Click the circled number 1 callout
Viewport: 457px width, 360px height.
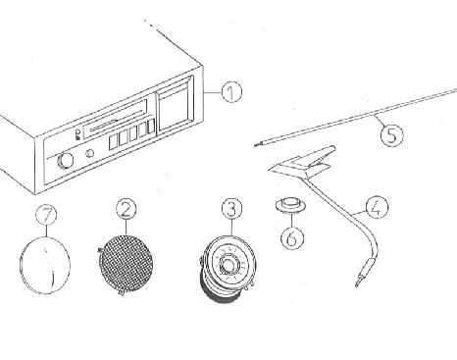tap(231, 92)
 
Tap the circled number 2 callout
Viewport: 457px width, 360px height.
tap(127, 209)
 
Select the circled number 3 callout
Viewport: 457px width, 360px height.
tap(231, 209)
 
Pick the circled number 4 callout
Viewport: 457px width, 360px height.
tap(377, 207)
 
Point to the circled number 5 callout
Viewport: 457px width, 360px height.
tap(391, 135)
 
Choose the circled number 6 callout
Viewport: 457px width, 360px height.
tap(292, 237)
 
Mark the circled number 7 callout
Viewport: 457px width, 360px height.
tap(46, 215)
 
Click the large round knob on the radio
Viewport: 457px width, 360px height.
tap(65, 161)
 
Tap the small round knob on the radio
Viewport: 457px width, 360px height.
tap(90, 153)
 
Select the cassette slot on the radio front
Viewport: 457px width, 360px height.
tap(115, 119)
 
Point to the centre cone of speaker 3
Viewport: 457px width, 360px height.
tap(228, 264)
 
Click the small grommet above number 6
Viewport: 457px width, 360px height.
tap(290, 206)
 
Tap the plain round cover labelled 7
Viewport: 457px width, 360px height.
tap(45, 265)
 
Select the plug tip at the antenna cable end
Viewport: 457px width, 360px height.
tap(357, 283)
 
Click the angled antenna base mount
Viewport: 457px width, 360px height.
tap(302, 162)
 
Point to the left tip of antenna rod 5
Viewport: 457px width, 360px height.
tap(256, 145)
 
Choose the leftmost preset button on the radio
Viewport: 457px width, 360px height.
tap(113, 142)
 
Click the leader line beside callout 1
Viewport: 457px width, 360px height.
tap(213, 92)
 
